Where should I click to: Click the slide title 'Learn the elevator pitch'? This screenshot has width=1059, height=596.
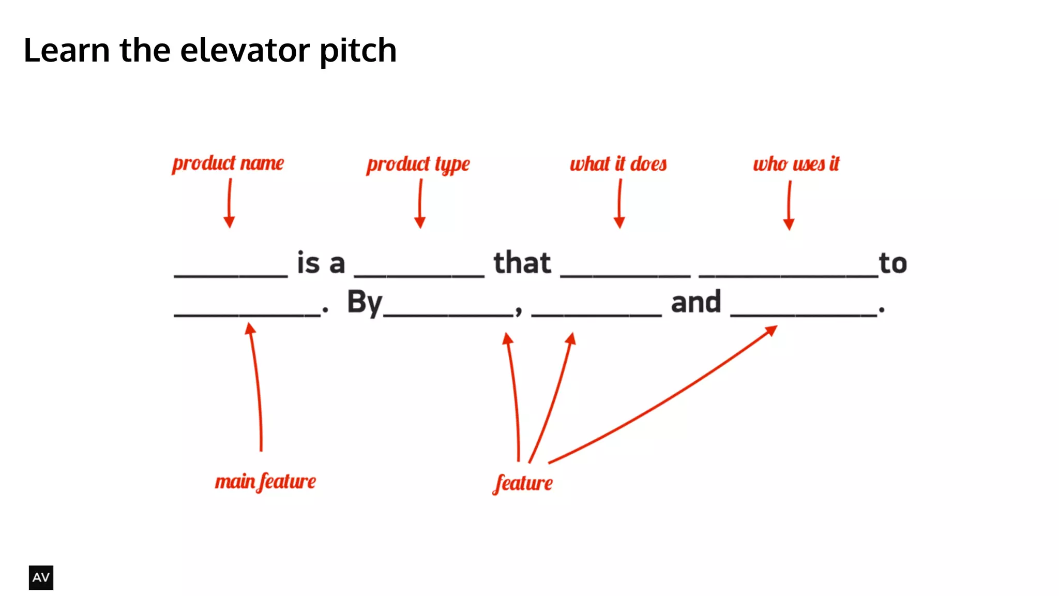point(210,51)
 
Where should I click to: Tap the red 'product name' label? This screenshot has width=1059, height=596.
point(228,163)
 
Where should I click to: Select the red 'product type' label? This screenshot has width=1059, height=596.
point(418,165)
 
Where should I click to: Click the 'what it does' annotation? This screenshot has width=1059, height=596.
point(618,164)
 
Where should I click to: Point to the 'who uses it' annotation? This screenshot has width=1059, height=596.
point(796,164)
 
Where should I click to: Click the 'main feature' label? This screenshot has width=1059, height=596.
point(265,482)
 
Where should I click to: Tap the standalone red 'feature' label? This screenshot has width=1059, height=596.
point(523,483)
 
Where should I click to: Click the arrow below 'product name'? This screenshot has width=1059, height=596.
point(230,203)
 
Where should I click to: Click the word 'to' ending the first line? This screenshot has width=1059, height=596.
point(893,263)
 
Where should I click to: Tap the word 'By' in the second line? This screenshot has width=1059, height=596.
point(365,302)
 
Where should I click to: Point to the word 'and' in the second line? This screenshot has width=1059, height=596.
point(695,302)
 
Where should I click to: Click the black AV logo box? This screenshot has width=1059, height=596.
point(41,577)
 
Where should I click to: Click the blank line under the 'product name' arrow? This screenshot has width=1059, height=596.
point(231,275)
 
